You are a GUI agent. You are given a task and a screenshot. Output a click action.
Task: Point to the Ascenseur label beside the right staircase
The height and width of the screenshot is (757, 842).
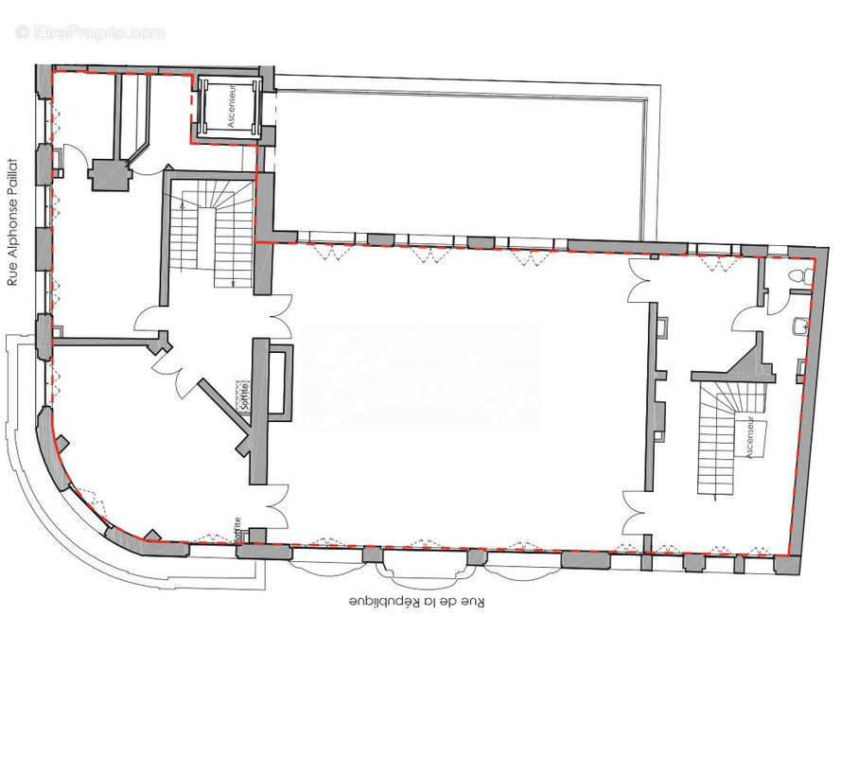[750, 438]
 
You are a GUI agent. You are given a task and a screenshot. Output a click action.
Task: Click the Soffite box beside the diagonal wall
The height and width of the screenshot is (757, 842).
[245, 392]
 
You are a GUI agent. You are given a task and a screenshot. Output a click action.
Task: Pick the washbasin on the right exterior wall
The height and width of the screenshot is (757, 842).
[800, 326]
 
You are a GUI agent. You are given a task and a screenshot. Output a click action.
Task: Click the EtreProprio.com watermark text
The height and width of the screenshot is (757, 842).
[90, 33]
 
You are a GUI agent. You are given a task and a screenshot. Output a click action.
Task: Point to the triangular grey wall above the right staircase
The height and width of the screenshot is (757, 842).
[754, 360]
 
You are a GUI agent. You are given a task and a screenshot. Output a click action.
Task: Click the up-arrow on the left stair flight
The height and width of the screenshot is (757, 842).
[182, 210]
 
